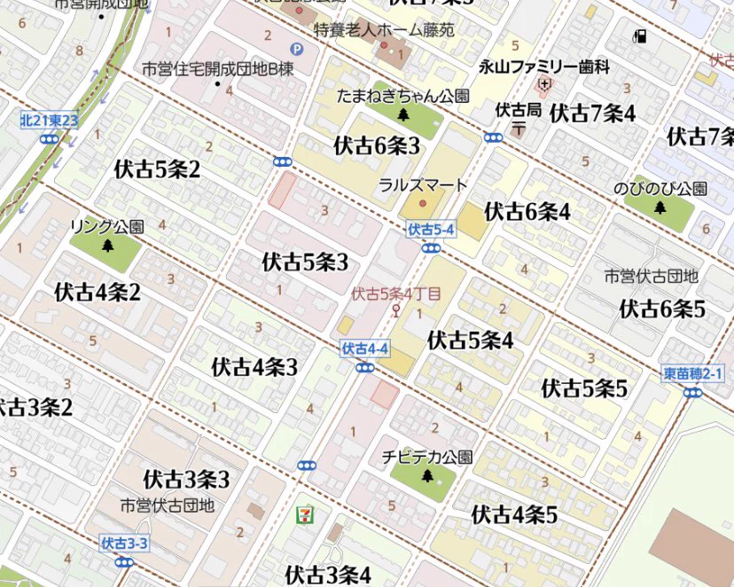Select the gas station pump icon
[x=640, y=36]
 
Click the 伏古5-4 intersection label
[x=431, y=231]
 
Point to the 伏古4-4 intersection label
[x=364, y=349]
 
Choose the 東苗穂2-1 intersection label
[x=693, y=374]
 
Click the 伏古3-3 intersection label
[x=124, y=544]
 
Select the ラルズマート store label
[x=422, y=185]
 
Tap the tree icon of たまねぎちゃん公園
[x=403, y=114]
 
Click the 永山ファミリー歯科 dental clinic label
[x=544, y=67]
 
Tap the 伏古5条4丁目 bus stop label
[x=395, y=293]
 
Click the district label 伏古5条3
[x=305, y=262]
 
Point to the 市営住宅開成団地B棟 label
[x=218, y=69]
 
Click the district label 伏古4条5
[x=514, y=514]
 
